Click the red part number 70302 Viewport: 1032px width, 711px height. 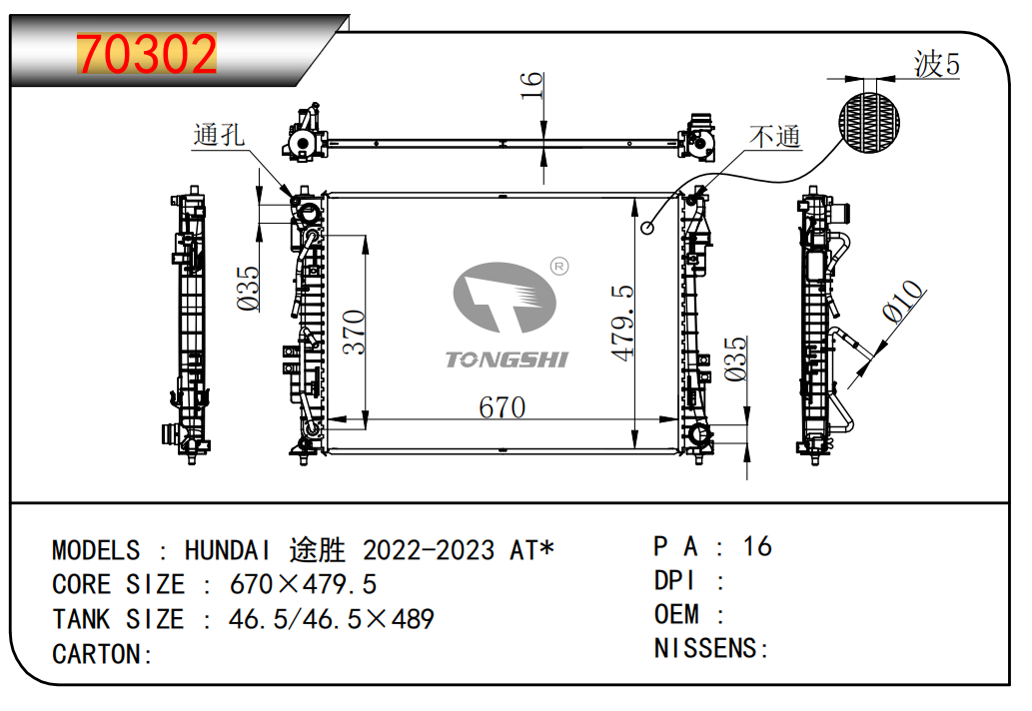point(147,54)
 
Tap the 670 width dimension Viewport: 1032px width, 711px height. point(503,407)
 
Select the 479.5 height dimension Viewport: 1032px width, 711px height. point(622,323)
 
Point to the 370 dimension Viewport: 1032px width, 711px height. point(354,333)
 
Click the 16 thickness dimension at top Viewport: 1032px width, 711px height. point(531,86)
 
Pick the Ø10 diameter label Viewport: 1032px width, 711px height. point(903,302)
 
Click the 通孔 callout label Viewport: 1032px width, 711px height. point(219,135)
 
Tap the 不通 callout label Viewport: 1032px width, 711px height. point(774,137)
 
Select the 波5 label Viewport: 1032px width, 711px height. point(936,65)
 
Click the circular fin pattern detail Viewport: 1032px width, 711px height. point(869,123)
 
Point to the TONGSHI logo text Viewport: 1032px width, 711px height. point(507,359)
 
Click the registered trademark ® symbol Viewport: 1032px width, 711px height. point(559,267)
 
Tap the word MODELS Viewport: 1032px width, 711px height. point(96,550)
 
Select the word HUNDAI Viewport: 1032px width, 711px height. point(227,550)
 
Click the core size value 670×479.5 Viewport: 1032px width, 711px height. point(303,584)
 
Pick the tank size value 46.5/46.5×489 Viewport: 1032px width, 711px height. point(331,619)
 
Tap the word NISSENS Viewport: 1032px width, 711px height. point(705,648)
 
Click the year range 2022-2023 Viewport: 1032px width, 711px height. point(429,550)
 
